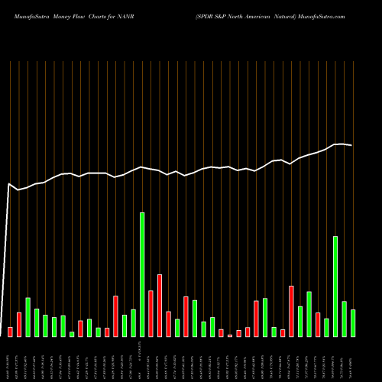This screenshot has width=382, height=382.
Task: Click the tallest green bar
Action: [142, 274]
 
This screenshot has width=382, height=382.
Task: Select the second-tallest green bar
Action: [335, 286]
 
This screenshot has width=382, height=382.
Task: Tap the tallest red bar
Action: [160, 306]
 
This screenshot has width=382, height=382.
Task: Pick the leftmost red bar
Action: [10, 332]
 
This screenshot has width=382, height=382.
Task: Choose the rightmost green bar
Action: [353, 322]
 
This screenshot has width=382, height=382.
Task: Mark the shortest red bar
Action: [230, 335]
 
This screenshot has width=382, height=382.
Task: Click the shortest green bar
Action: [72, 334]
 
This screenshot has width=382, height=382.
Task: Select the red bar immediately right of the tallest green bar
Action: [151, 313]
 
